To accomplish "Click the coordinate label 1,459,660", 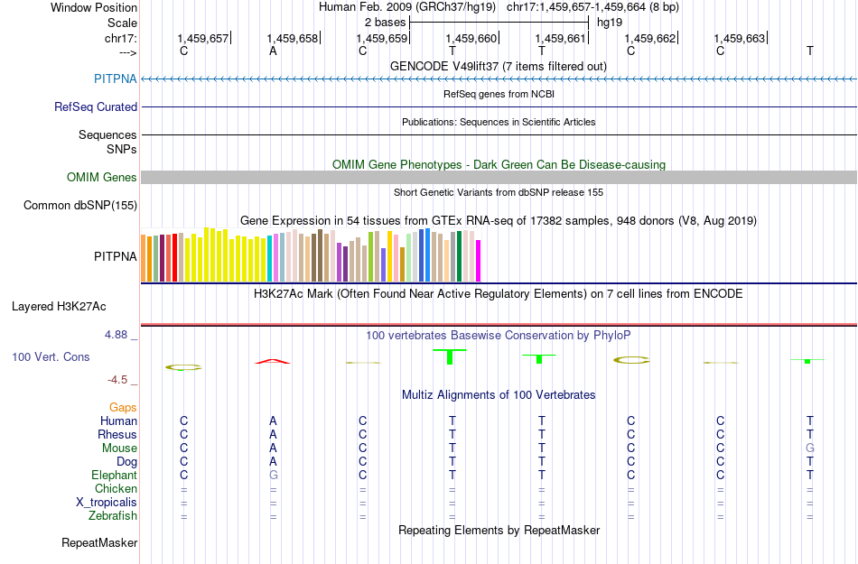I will pyautogui.click(x=471, y=38).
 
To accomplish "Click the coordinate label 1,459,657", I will pyautogui.click(x=203, y=38).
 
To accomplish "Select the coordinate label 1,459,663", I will pyautogui.click(x=740, y=38).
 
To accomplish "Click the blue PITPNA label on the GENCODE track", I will pyautogui.click(x=116, y=79).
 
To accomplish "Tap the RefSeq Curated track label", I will pyautogui.click(x=96, y=106).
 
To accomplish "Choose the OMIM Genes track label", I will pyautogui.click(x=102, y=177).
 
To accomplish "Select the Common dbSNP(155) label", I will pyautogui.click(x=80, y=205).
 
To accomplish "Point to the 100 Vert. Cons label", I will pyautogui.click(x=51, y=357).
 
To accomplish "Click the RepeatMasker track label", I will pyautogui.click(x=99, y=543).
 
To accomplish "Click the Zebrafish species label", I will pyautogui.click(x=114, y=516).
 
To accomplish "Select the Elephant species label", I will pyautogui.click(x=114, y=475).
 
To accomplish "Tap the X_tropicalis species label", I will pyautogui.click(x=107, y=502).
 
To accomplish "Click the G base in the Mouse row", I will pyautogui.click(x=810, y=448).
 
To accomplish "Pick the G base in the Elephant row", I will pyautogui.click(x=273, y=475).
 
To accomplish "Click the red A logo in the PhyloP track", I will pyautogui.click(x=273, y=362).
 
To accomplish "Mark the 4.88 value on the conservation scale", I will pyautogui.click(x=117, y=335).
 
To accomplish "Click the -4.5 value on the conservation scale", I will pyautogui.click(x=121, y=380).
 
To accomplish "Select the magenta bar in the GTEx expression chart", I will pyautogui.click(x=479, y=261).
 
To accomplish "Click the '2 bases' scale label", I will pyautogui.click(x=385, y=21).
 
